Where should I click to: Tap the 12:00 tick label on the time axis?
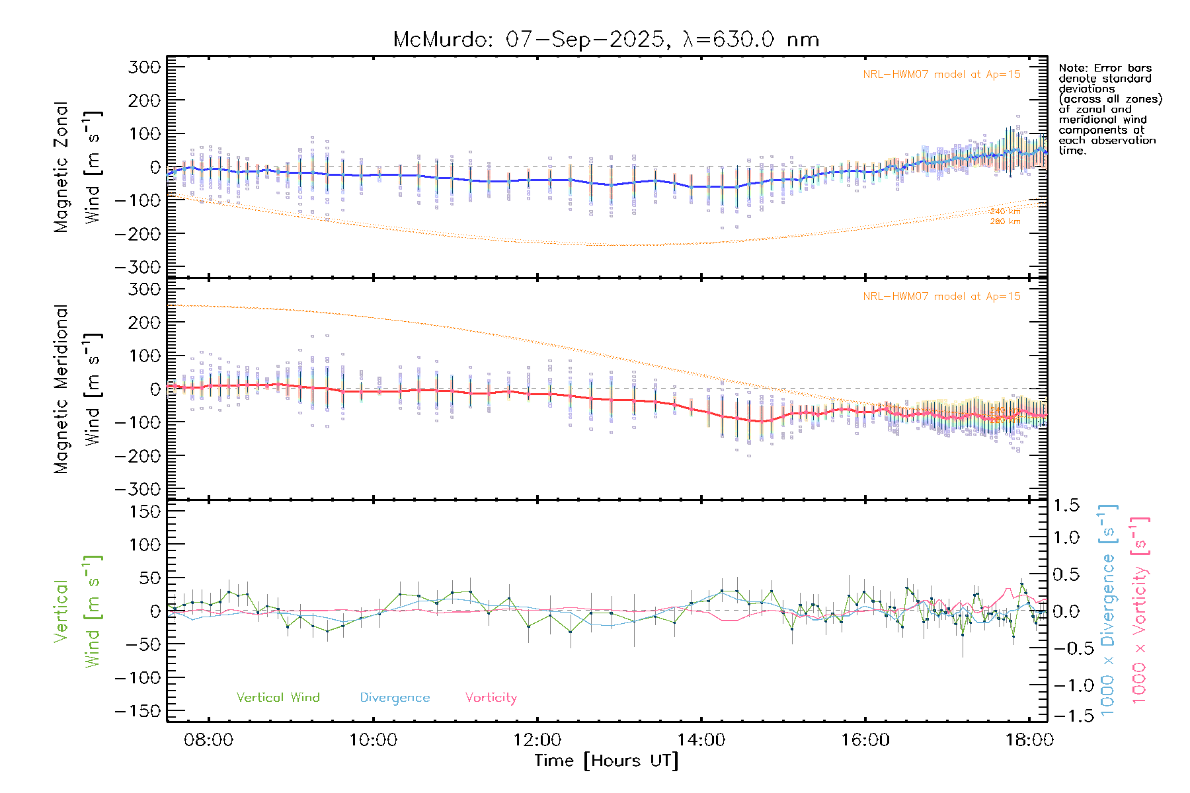[x=537, y=740]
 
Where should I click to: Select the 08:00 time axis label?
[x=209, y=740]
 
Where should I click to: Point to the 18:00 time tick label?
[x=1029, y=740]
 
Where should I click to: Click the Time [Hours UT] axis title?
[x=606, y=761]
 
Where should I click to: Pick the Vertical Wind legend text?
[x=278, y=698]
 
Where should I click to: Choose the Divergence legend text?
[x=395, y=698]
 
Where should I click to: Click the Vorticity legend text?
[x=491, y=698]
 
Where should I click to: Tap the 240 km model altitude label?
[x=1005, y=211]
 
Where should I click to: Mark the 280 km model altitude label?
[x=1005, y=221]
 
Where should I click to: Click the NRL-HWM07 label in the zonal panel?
[x=941, y=75]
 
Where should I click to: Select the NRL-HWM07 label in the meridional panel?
[x=941, y=297]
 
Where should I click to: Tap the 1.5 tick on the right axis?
[x=1066, y=506]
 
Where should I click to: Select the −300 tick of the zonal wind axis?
[x=138, y=267]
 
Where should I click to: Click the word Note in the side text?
[x=1071, y=68]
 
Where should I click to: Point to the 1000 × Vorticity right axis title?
[x=1140, y=611]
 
